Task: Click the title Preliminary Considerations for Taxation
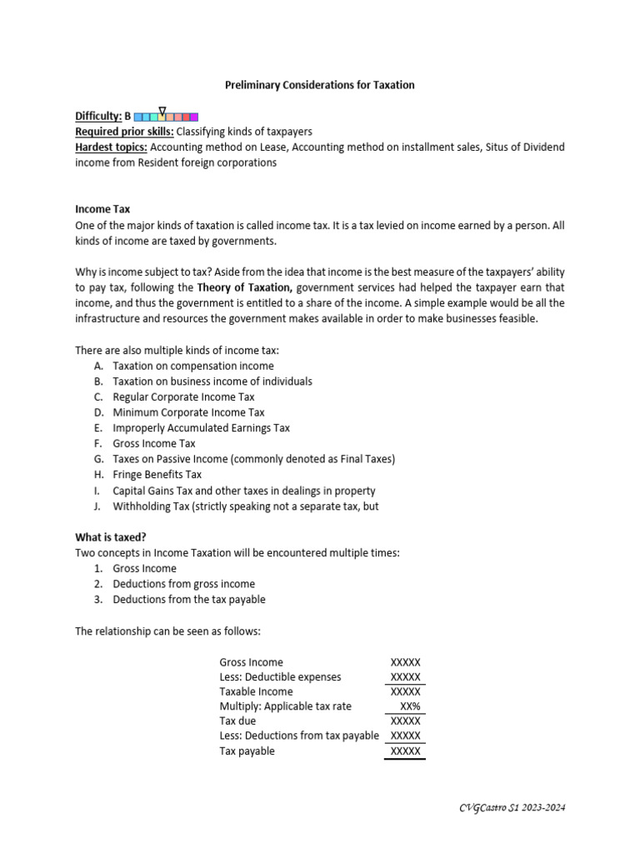pos(320,85)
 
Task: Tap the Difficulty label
pos(98,117)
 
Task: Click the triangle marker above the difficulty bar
pos(162,109)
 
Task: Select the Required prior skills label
pos(124,132)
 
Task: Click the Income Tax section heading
pos(102,209)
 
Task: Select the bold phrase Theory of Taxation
pos(244,288)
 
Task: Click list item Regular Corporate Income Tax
pos(183,397)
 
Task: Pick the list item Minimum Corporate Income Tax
pos(188,412)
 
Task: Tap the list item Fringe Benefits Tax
pos(157,475)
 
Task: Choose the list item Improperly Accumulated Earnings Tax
pos(201,428)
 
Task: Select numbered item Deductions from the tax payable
pos(189,600)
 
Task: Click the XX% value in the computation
pos(410,706)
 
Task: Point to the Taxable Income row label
pos(256,691)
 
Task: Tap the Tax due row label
pos(237,721)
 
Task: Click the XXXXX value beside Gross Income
pos(405,662)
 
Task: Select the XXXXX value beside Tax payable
pos(405,751)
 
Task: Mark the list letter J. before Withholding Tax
pos(98,506)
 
